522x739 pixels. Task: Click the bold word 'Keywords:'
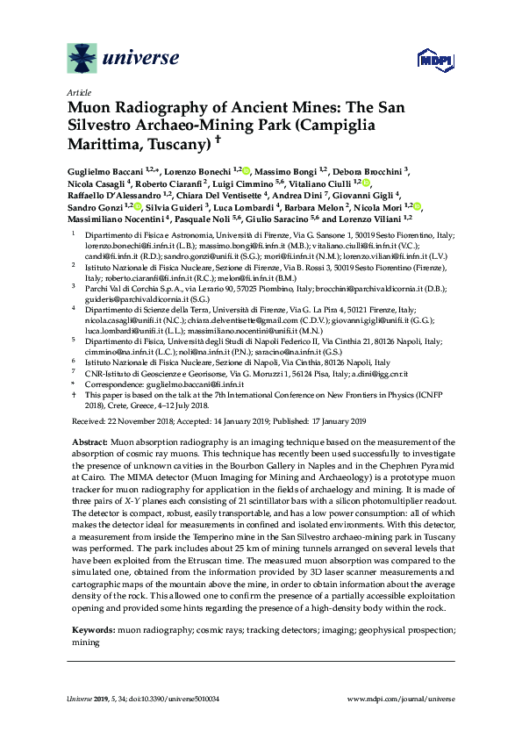(x=90, y=630)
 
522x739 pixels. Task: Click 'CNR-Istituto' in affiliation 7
(x=110, y=372)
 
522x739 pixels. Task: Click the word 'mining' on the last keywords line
(x=85, y=642)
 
